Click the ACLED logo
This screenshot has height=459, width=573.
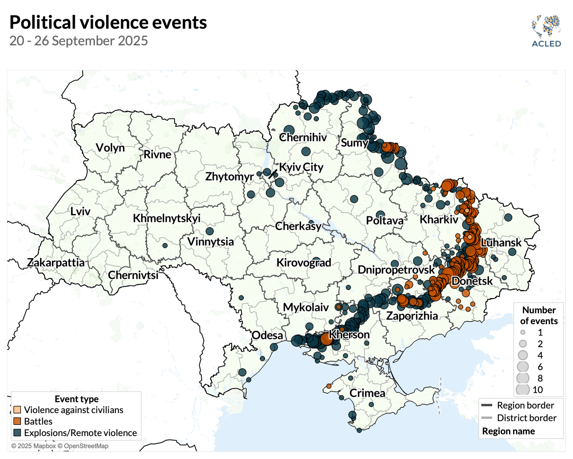tap(546, 31)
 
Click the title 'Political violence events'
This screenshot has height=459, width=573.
tap(108, 22)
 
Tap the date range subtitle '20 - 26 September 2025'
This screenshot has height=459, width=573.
tap(79, 41)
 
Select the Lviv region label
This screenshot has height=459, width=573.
tap(80, 211)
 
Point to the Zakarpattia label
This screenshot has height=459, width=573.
tap(56, 262)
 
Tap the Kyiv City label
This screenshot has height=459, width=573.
tap(301, 167)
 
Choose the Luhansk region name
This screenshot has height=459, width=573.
tap(501, 243)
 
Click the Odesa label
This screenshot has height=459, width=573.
tap(267, 335)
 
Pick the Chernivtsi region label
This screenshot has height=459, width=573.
tap(133, 275)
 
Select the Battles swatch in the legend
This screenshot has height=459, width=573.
tap(17, 421)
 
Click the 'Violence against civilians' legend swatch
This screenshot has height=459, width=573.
tap(17, 410)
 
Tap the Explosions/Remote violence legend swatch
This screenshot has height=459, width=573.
tap(17, 433)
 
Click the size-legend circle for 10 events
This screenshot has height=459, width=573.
tap(523, 390)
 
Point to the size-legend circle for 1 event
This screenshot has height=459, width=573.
tap(523, 332)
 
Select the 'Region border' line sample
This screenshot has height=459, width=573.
tap(487, 405)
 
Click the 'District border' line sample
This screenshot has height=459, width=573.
tap(487, 418)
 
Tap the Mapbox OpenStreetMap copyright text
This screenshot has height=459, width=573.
tap(60, 446)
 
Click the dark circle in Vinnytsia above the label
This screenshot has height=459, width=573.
tap(209, 231)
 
